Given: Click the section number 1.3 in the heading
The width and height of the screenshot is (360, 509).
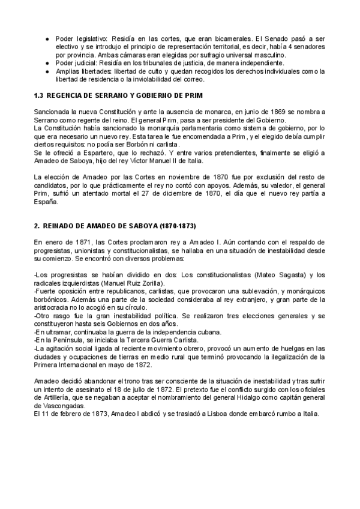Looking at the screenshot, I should [x=38, y=96].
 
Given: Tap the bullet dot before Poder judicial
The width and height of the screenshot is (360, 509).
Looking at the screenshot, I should [x=47, y=63].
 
